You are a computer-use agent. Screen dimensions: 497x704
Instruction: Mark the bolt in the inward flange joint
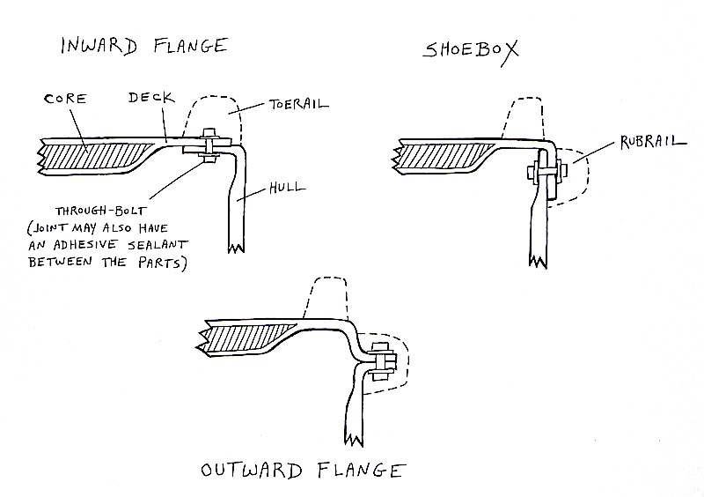pos(211,145)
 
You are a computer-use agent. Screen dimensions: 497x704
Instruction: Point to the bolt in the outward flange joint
pos(382,361)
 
